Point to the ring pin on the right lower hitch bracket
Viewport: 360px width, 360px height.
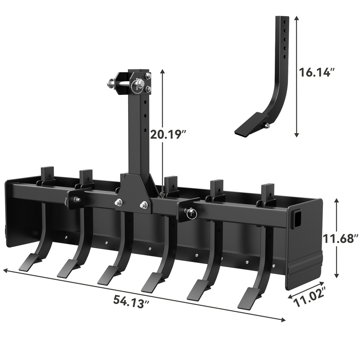pos(191,213)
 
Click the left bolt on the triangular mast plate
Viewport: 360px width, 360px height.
pos(119,202)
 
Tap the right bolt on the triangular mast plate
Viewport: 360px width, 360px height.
pos(143,205)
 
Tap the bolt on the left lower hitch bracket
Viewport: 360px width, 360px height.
pos(78,199)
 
